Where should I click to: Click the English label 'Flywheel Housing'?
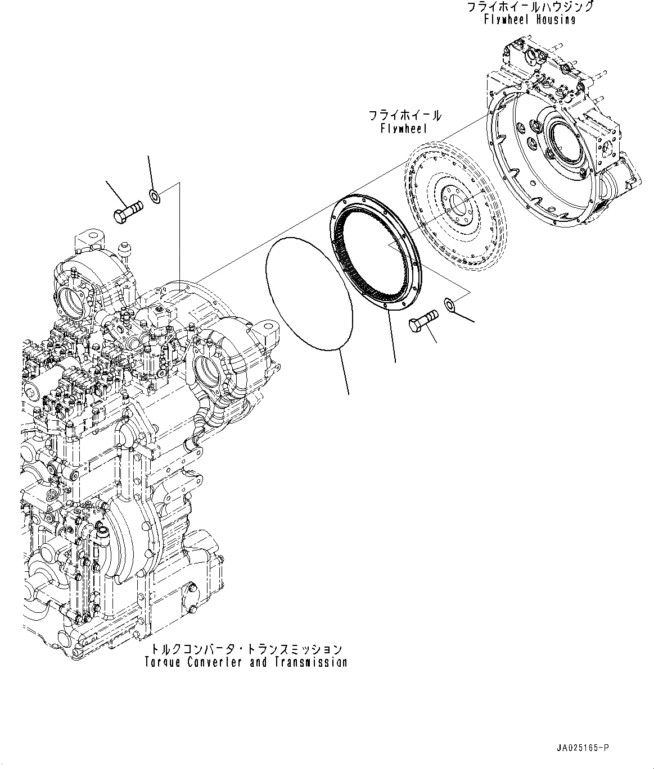(530, 19)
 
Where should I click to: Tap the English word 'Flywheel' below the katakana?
(404, 129)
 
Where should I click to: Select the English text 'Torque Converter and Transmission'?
(246, 663)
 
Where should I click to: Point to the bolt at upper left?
(128, 211)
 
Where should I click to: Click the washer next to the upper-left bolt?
(155, 197)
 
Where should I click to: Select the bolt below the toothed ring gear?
(423, 321)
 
